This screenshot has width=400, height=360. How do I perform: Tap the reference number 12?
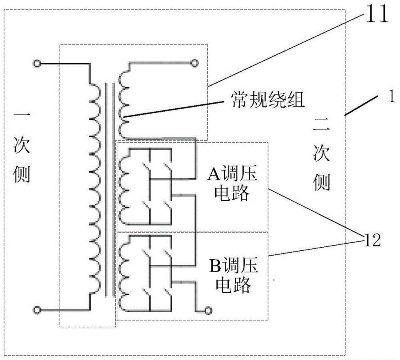[372, 240]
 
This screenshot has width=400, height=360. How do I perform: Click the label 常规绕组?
[268, 100]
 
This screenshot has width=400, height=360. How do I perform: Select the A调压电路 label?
[232, 184]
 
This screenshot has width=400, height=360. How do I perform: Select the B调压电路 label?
[234, 275]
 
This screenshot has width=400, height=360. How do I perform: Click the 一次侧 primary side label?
[22, 148]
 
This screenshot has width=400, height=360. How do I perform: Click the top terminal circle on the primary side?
[37, 64]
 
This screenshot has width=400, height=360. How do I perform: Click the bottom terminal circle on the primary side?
[37, 310]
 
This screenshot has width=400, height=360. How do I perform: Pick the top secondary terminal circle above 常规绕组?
[194, 63]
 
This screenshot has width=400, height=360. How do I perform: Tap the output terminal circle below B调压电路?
[208, 311]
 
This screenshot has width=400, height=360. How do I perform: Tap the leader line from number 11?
[286, 50]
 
